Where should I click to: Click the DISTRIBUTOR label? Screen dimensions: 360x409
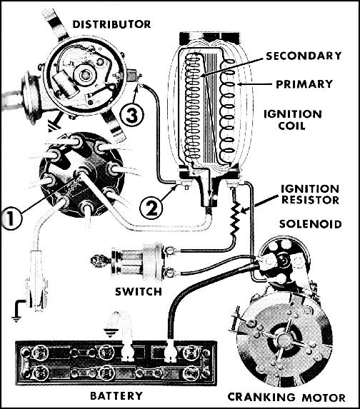coord(111,24)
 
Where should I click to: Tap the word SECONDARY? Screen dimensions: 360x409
coord(304,56)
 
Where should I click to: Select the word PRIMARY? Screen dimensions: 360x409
coord(304,84)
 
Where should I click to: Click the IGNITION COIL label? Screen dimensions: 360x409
coord(292,120)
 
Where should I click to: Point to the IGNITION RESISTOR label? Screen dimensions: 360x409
coord(310,195)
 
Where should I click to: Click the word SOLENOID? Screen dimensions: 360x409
coord(311,224)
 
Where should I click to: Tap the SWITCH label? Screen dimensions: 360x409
coord(139,292)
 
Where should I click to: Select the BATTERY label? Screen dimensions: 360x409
coord(116,395)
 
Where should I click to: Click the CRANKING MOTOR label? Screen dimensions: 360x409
coord(286,398)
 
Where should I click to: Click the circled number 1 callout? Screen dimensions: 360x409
coord(11,218)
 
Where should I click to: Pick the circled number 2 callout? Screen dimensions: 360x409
coord(151,208)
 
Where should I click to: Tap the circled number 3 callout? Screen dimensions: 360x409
coord(132,116)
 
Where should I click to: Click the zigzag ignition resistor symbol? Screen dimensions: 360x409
coord(236,218)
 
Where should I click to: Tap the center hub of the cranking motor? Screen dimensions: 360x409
coord(284,339)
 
